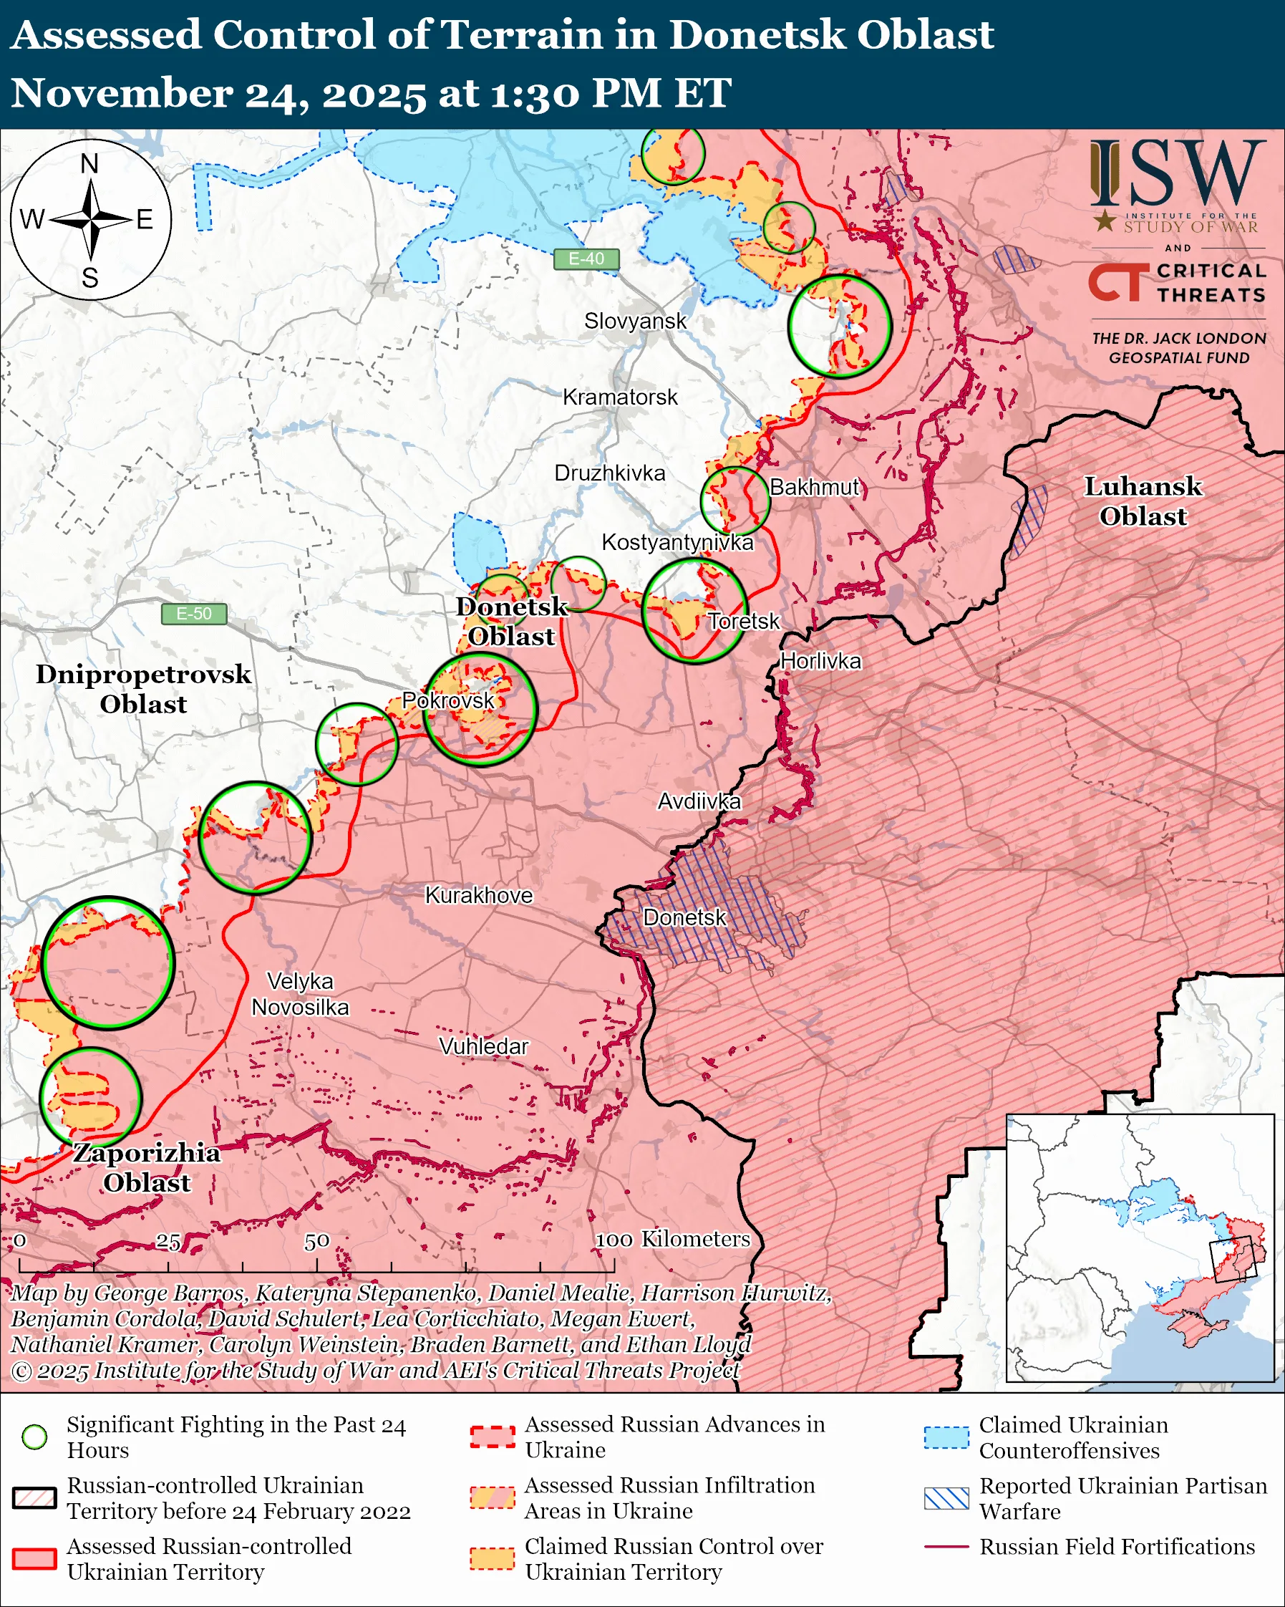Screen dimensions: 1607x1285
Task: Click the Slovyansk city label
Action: pyautogui.click(x=635, y=322)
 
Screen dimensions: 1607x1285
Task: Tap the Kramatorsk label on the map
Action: pyautogui.click(x=620, y=397)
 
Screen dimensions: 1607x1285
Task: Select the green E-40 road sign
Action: pyautogui.click(x=586, y=259)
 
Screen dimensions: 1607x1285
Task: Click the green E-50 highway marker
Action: pyautogui.click(x=194, y=614)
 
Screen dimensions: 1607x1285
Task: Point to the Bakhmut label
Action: pyautogui.click(x=814, y=488)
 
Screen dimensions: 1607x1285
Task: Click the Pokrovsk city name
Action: pyautogui.click(x=447, y=700)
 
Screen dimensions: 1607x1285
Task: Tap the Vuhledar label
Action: pyautogui.click(x=483, y=1046)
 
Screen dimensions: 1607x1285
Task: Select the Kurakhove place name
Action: pyautogui.click(x=479, y=895)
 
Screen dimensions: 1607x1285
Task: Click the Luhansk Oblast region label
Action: pyautogui.click(x=1143, y=501)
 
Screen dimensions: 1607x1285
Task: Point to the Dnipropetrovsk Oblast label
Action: pyautogui.click(x=144, y=689)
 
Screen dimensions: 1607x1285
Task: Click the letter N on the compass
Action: pyautogui.click(x=89, y=164)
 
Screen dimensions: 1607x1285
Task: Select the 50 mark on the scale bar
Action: pyautogui.click(x=316, y=1242)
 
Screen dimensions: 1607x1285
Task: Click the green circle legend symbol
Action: pyautogui.click(x=35, y=1437)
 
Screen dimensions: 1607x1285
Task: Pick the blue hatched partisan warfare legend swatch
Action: pyautogui.click(x=946, y=1498)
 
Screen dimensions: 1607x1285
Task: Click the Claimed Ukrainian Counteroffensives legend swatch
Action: pyautogui.click(x=946, y=1437)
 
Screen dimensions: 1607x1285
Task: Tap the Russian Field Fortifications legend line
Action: pyautogui.click(x=946, y=1547)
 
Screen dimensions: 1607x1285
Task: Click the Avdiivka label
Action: pyautogui.click(x=699, y=801)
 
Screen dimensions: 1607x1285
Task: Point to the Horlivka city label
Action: pyautogui.click(x=820, y=661)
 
